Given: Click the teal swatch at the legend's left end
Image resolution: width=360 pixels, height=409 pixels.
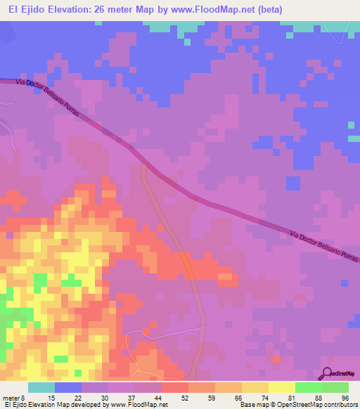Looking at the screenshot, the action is point(41,387).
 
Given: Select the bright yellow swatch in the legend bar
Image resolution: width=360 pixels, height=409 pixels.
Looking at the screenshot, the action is point(281,387).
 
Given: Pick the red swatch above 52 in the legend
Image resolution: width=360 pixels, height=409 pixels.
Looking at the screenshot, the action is point(174,387).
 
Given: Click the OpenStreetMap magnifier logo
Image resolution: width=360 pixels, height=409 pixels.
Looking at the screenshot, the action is point(328,373).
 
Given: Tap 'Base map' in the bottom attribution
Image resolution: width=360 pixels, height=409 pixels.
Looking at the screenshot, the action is point(253,405).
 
